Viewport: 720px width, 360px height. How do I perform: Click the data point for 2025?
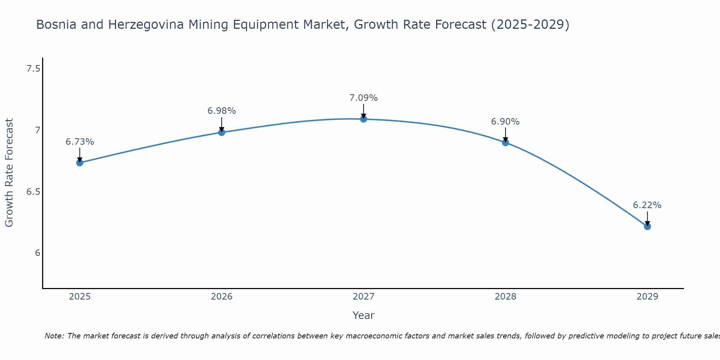[x=80, y=163]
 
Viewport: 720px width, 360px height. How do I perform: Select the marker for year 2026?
[x=221, y=132]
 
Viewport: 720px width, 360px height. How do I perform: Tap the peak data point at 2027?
[x=364, y=119]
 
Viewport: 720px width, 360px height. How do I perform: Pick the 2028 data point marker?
[x=505, y=142]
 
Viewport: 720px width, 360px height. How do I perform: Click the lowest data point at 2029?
[x=647, y=226]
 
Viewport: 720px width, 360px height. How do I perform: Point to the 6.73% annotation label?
[x=80, y=142]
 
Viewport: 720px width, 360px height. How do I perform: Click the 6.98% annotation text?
[x=221, y=111]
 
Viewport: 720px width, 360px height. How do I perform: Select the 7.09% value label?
[x=364, y=98]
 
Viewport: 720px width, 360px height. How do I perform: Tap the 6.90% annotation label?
[x=505, y=122]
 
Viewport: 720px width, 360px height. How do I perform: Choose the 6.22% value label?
[x=647, y=205]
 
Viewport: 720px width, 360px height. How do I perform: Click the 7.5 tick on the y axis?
[x=33, y=68]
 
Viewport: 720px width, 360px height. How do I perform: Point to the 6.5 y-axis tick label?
[x=33, y=192]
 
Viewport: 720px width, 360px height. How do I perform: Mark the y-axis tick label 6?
[x=37, y=253]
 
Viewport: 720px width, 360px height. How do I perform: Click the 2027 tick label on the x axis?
[x=364, y=297]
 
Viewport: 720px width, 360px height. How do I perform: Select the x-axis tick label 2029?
[x=647, y=297]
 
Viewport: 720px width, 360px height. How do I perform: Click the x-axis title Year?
[x=364, y=315]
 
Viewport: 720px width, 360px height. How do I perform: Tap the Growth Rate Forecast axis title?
[x=9, y=173]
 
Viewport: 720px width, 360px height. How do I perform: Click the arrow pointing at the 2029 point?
[x=647, y=218]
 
